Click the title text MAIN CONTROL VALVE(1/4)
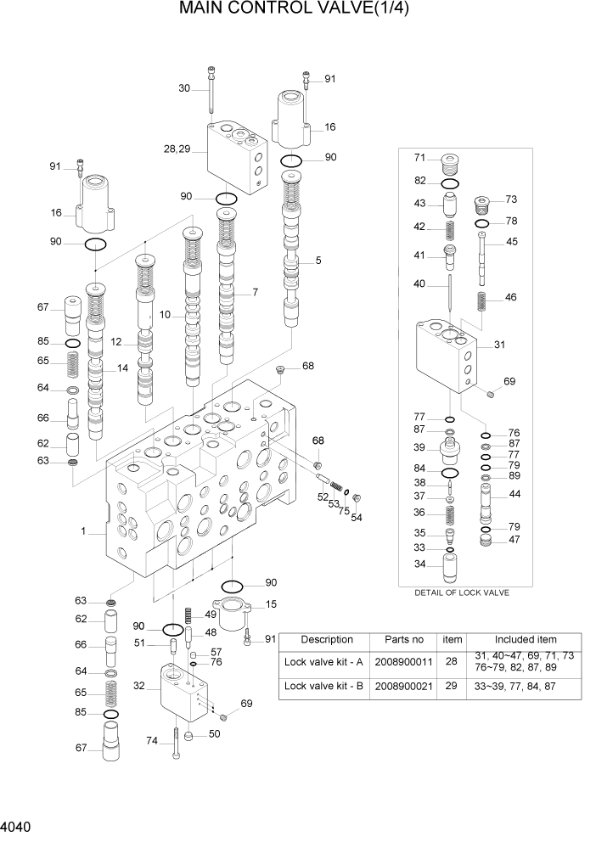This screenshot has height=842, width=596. pos(300,11)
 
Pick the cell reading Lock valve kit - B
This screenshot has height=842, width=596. pos(323,686)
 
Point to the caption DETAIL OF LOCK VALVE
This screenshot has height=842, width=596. pos(461,592)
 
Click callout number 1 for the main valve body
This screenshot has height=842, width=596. pos(83,531)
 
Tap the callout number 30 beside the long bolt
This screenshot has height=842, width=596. pos(184,88)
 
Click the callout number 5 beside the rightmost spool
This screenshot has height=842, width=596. pos(318,261)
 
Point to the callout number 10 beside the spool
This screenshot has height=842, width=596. pos(166,315)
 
